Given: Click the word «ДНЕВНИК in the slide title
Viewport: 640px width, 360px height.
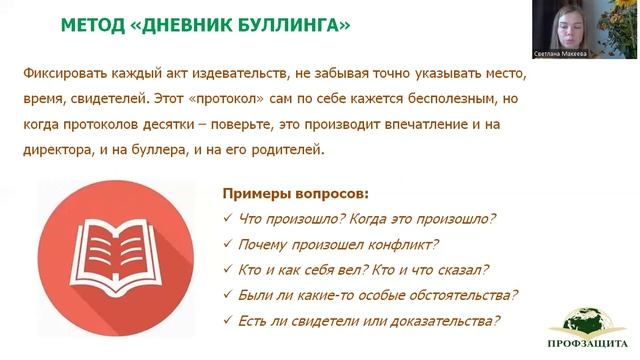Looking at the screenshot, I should coord(194,25).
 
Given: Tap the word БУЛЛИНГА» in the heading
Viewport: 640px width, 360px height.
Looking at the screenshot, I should coord(299,25).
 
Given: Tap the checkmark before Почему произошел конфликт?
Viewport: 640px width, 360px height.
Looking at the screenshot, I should coord(228,245).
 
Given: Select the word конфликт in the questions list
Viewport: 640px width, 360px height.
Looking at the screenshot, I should coord(400,245).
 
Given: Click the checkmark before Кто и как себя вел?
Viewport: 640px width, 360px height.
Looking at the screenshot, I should coord(228,271).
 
